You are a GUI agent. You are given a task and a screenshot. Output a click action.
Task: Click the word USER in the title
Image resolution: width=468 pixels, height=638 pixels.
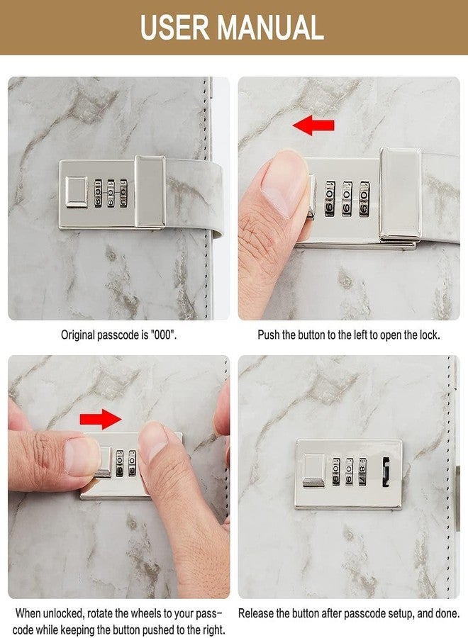point(175,27)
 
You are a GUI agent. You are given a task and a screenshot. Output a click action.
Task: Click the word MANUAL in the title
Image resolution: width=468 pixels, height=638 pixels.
point(270,27)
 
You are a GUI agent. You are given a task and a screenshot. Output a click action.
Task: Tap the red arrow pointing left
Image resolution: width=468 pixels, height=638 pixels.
point(313,125)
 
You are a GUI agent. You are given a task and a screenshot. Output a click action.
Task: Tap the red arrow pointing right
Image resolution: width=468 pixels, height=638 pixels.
point(101,419)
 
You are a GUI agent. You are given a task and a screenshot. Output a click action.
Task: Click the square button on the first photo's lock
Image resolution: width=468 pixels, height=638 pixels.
point(76,192)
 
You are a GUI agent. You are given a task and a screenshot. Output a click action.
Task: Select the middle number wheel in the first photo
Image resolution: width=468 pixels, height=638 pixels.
point(111,194)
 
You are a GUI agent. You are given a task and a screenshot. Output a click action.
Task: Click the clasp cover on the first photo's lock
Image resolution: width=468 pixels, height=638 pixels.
point(150,191)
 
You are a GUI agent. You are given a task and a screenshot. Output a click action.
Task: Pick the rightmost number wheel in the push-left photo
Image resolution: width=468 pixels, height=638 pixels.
point(364,198)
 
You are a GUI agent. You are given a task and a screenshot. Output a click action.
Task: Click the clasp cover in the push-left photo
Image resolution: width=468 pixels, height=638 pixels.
point(401,194)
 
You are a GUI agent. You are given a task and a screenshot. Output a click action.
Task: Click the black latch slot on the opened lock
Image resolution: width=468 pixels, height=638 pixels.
point(386,471)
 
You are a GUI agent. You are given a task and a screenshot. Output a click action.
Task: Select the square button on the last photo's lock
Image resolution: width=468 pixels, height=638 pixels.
point(314,471)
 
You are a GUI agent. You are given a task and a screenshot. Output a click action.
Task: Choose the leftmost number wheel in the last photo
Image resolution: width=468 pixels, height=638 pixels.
point(335,471)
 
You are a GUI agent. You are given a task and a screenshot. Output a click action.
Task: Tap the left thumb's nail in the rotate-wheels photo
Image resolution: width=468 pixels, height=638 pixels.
point(82,457)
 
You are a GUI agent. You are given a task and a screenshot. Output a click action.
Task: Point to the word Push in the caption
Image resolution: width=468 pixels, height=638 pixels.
point(269,335)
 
